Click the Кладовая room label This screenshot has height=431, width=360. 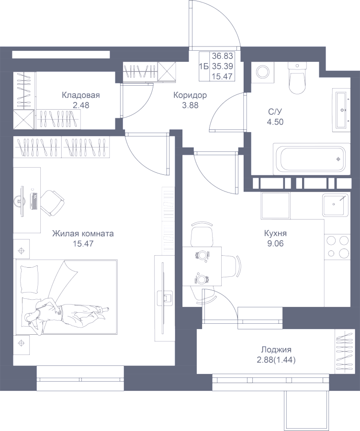tap(80, 95)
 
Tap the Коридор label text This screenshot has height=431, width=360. tap(190, 95)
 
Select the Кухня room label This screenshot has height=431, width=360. tap(275, 234)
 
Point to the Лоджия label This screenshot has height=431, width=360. tap(276, 350)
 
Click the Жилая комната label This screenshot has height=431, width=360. tap(83, 234)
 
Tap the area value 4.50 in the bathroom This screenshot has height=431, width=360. tap(275, 122)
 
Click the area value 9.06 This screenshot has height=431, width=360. tap(275, 243)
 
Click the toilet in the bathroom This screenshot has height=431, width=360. tap(297, 79)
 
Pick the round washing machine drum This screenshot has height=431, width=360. tap(262, 72)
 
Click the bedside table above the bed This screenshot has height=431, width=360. tap(22, 250)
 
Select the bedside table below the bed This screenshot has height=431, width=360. tap(22, 342)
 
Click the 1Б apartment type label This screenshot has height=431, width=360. tap(205, 66)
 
